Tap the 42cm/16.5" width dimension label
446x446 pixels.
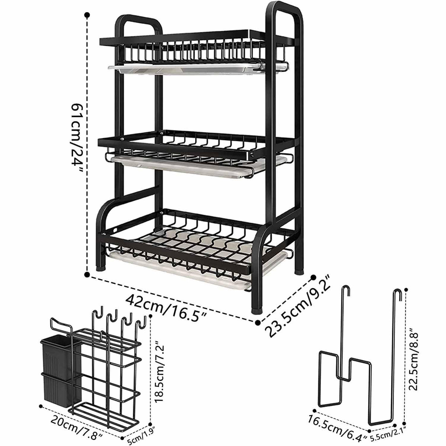[x=167, y=303]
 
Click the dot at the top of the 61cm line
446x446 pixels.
[x=87, y=16]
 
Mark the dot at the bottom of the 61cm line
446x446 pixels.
[x=88, y=275]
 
